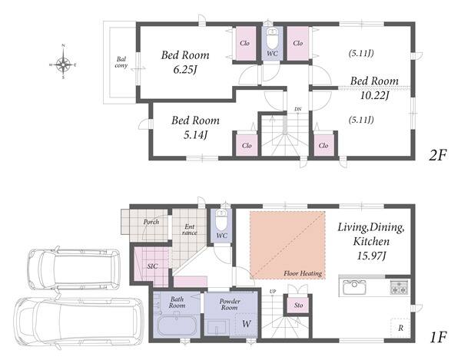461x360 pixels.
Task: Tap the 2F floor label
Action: click(x=438, y=155)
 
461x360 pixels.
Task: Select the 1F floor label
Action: click(x=438, y=337)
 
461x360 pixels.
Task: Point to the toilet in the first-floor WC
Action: click(x=222, y=220)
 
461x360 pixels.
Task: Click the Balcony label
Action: click(x=121, y=62)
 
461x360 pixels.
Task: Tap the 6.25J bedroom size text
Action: click(x=185, y=70)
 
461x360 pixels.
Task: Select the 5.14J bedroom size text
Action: click(x=195, y=135)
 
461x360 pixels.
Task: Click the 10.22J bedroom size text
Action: click(x=375, y=95)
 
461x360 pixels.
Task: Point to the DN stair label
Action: click(x=298, y=109)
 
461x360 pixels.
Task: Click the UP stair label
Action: click(x=273, y=292)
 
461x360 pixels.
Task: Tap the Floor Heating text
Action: click(x=303, y=274)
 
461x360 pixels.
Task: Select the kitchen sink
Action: click(x=353, y=287)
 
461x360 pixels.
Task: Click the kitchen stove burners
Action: click(x=399, y=287)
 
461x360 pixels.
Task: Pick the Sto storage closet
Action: click(x=298, y=305)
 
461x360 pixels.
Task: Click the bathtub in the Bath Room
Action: click(x=176, y=326)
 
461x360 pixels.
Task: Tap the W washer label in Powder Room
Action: click(x=247, y=324)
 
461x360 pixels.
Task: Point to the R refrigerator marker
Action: click(x=400, y=328)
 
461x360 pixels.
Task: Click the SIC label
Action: click(x=152, y=266)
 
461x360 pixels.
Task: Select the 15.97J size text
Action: click(x=371, y=256)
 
